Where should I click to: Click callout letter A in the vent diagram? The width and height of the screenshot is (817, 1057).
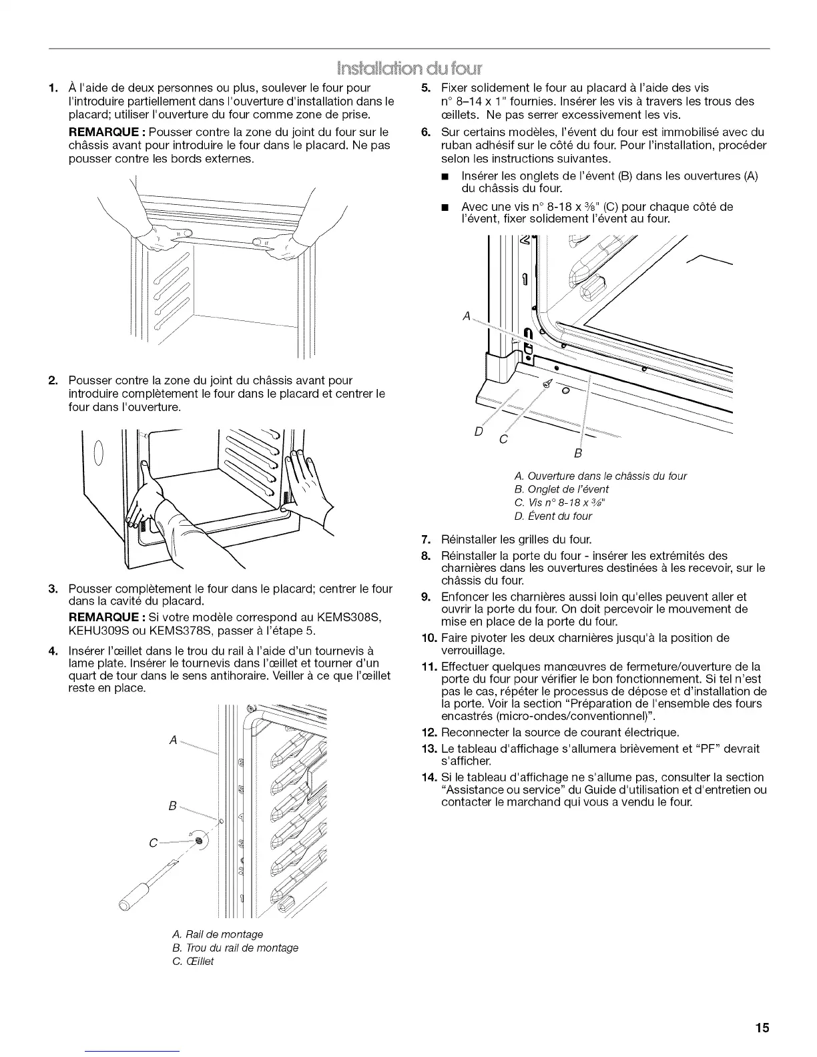click(467, 316)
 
